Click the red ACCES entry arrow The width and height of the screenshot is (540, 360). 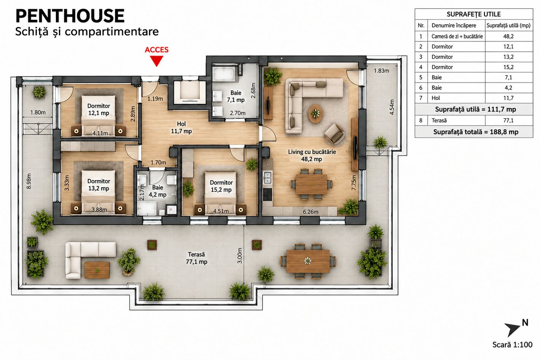tap(156, 61)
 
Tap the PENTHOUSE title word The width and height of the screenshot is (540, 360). tap(70, 16)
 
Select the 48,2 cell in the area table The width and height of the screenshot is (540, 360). tap(508, 37)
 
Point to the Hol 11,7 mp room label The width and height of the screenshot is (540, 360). tap(181, 127)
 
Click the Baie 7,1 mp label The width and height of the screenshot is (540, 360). tap(236, 96)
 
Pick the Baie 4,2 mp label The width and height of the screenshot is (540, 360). tap(158, 191)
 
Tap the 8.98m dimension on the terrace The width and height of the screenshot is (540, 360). tap(29, 181)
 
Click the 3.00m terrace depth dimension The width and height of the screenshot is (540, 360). tap(240, 256)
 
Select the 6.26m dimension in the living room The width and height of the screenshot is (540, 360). tap(311, 212)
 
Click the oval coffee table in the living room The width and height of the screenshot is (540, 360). tap(315, 113)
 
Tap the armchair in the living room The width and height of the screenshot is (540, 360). tap(335, 134)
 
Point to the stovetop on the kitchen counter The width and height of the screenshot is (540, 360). tap(268, 194)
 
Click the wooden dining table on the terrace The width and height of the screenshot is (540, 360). tap(308, 261)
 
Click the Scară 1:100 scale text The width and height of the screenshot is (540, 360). tap(512, 345)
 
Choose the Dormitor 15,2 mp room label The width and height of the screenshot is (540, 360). tap(221, 186)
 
